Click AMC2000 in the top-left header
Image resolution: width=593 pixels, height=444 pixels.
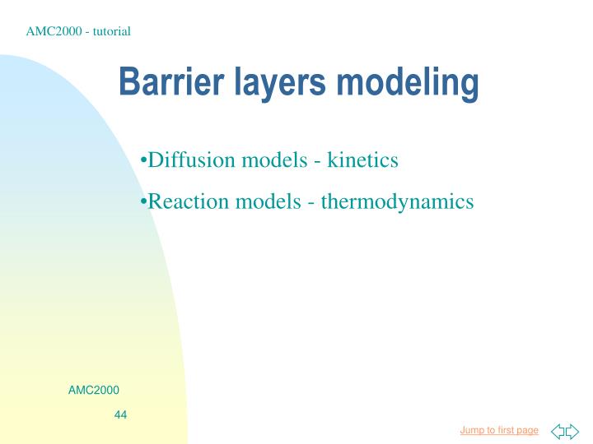tap(51, 31)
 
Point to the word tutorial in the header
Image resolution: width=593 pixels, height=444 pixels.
tap(110, 31)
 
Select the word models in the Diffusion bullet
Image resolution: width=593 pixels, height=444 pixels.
tap(276, 160)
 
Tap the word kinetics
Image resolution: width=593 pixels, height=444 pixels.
tap(363, 160)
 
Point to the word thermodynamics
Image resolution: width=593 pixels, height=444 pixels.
tap(398, 201)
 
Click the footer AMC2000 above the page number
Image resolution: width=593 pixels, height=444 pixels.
tap(93, 389)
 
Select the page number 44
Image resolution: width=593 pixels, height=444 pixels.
tap(120, 414)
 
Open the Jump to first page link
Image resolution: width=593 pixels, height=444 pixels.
tap(499, 430)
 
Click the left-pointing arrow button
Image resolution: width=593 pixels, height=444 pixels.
tap(558, 431)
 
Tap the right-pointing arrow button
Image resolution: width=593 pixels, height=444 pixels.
tap(572, 431)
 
